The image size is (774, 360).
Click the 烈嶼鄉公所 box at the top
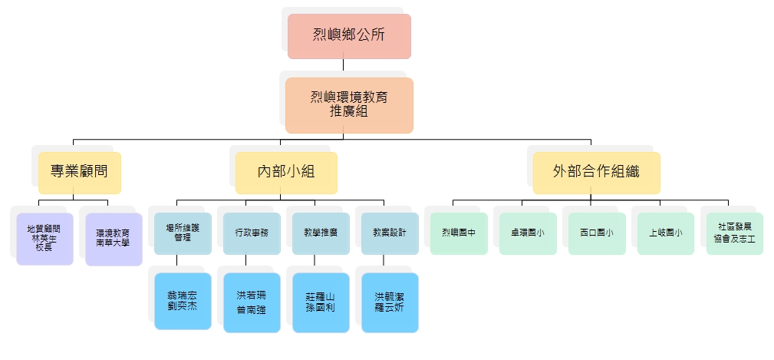coord(349,35)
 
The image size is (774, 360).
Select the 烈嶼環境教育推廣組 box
coord(349,104)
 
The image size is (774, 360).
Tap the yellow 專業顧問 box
coord(80,172)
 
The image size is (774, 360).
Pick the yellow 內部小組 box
coord(286,172)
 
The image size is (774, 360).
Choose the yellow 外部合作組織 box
coord(596,172)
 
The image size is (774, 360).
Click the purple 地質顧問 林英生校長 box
coord(44,238)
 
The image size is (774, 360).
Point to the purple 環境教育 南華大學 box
coord(114,238)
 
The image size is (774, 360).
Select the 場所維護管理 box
coord(183,233)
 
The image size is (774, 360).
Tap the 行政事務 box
coord(252,233)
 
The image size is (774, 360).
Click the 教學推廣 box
coord(321,233)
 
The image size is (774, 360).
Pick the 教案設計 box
coord(390,233)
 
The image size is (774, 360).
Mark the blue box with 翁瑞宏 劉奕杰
coord(183,301)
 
